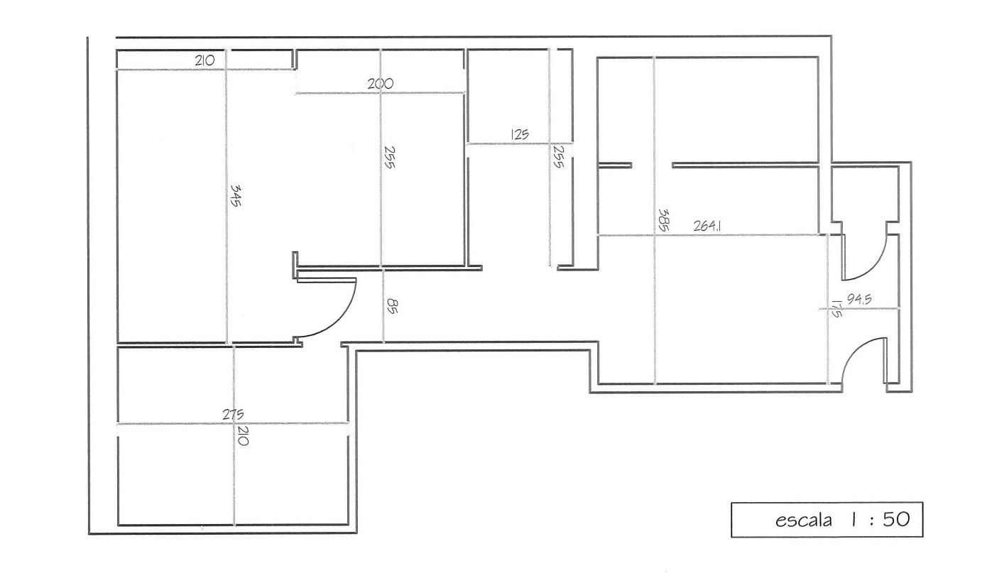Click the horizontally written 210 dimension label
204,60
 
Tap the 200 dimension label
380,83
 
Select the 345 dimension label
236,195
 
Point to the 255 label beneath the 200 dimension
389,158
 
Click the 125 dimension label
520,134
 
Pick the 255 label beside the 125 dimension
558,157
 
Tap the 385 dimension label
664,219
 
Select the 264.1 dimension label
707,227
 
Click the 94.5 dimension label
859,300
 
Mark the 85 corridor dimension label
392,306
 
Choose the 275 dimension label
233,414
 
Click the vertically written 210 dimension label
242,436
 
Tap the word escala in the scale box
804,521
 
